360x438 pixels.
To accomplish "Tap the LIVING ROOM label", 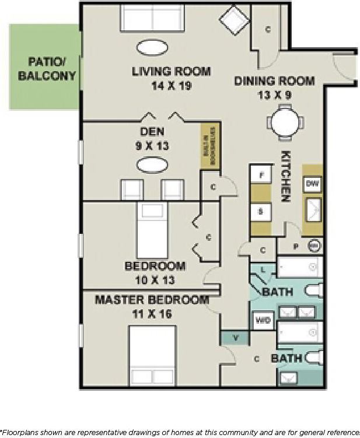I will click(171, 72).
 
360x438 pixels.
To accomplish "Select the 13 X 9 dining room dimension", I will click(274, 93).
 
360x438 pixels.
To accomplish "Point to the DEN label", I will click(152, 131).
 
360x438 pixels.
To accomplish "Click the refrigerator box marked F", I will click(261, 174).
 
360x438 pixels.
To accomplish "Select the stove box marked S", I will click(261, 211).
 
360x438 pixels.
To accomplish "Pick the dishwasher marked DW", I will click(312, 184).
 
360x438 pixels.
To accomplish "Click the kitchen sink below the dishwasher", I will click(313, 209).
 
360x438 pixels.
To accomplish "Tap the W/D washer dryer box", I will click(264, 321).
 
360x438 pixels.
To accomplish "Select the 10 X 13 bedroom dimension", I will click(155, 280).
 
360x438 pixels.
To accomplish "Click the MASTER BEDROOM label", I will click(152, 300).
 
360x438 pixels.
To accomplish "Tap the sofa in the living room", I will click(152, 19).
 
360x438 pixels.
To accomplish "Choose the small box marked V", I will click(235, 337).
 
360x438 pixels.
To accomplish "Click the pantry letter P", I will click(295, 247).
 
